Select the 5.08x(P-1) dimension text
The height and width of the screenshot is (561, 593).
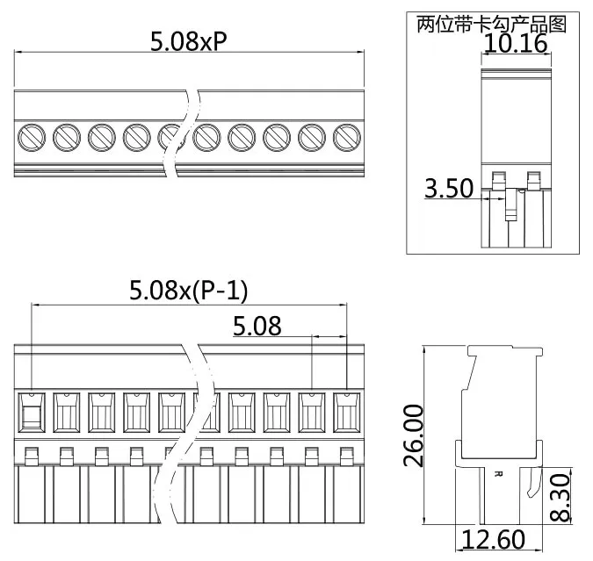(x=189, y=290)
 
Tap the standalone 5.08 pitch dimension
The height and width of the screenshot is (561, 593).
(x=257, y=327)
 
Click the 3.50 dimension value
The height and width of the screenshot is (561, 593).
(x=449, y=188)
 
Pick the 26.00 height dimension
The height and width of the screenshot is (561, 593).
(x=415, y=435)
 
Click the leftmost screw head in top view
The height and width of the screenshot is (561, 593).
(x=32, y=136)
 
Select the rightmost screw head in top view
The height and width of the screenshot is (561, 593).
(x=348, y=136)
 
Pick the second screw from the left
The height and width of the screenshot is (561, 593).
(x=67, y=136)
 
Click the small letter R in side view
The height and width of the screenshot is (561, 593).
(x=498, y=474)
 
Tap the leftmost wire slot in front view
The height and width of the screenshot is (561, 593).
(x=32, y=412)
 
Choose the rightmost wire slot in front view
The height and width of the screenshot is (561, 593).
(x=348, y=412)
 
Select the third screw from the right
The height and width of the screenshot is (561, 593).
(x=278, y=136)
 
